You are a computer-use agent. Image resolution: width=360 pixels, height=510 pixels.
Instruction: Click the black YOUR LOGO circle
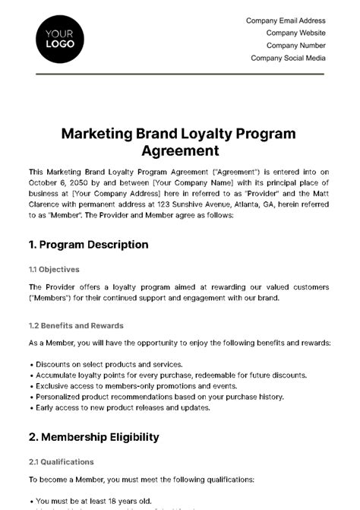(x=60, y=39)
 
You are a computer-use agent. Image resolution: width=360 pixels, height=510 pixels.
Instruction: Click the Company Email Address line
(x=286, y=21)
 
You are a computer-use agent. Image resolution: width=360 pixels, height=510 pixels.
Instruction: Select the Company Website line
(x=295, y=33)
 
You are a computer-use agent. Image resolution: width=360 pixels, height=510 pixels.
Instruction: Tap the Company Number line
(x=295, y=46)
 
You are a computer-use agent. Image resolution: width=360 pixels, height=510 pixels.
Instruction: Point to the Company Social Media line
(x=288, y=58)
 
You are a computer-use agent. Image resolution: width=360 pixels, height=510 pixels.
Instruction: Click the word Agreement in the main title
(x=179, y=150)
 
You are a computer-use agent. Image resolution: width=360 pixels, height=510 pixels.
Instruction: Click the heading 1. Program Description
(x=88, y=245)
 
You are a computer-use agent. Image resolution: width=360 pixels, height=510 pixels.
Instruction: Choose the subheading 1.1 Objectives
(x=54, y=269)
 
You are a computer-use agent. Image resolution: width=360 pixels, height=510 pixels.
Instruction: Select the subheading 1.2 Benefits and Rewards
(x=76, y=325)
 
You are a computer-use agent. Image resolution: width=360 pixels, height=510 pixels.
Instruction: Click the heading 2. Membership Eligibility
(x=93, y=437)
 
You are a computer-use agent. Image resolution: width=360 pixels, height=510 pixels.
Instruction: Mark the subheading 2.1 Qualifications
(x=62, y=461)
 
